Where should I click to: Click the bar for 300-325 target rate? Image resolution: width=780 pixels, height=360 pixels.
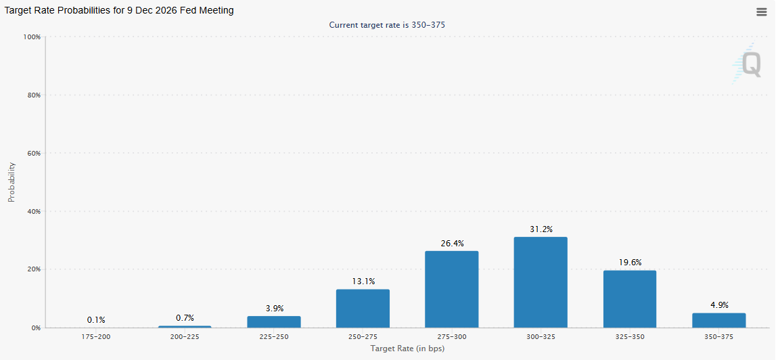click(x=541, y=282)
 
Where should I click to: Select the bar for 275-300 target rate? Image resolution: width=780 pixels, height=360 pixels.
click(x=451, y=289)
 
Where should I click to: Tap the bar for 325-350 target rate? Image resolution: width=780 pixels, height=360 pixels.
click(x=629, y=298)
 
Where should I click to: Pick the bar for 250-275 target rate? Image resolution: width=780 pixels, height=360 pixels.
click(x=363, y=309)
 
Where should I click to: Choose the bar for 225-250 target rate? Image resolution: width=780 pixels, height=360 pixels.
click(x=273, y=321)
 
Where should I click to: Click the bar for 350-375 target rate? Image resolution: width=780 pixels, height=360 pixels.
click(x=718, y=320)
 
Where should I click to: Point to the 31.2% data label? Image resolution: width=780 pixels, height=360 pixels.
click(x=541, y=229)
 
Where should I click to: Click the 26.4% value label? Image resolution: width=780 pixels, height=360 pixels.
click(x=451, y=244)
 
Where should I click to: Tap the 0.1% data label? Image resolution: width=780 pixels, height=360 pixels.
click(x=96, y=320)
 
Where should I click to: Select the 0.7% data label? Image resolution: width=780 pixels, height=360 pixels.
click(x=185, y=318)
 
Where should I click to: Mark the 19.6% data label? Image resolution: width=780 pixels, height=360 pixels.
click(x=629, y=263)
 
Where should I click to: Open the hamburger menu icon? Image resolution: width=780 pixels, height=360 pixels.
click(x=761, y=12)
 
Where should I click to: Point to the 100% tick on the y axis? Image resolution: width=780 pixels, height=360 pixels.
click(x=32, y=37)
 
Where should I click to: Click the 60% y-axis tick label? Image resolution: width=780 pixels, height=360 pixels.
click(x=34, y=153)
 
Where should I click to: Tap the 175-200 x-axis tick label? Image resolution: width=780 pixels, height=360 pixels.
click(x=96, y=336)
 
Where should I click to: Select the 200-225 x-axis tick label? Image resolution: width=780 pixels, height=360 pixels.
click(x=185, y=336)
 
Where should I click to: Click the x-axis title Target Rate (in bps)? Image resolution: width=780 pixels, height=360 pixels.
click(x=407, y=348)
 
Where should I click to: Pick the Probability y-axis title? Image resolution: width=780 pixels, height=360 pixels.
click(x=12, y=182)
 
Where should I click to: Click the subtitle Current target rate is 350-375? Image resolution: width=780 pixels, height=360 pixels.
click(x=387, y=25)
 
